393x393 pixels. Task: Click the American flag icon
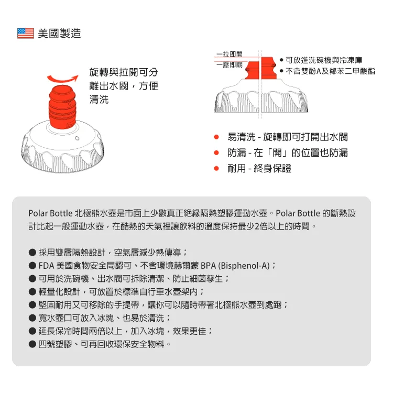tap(26, 33)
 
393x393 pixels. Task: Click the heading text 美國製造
tap(59, 34)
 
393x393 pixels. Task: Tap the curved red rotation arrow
tap(63, 78)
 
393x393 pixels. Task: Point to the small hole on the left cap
tap(77, 138)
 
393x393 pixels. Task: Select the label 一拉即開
tap(230, 54)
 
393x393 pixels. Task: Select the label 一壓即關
tap(230, 65)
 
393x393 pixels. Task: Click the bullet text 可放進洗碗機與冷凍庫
tap(324, 60)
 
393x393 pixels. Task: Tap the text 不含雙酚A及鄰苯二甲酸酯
tap(330, 71)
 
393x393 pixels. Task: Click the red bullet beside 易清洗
tap(216, 137)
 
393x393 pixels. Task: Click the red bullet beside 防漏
tap(216, 152)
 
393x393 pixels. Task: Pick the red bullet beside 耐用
tap(216, 168)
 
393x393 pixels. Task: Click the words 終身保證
tap(272, 168)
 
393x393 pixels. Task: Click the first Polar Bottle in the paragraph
tap(50, 213)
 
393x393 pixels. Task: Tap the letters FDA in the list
tap(46, 266)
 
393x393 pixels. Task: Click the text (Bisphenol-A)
tap(244, 266)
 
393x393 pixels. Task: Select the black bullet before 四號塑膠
tap(32, 344)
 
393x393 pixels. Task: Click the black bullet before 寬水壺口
tap(32, 318)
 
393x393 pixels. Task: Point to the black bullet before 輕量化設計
tap(32, 291)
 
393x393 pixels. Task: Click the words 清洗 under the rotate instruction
tap(99, 100)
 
